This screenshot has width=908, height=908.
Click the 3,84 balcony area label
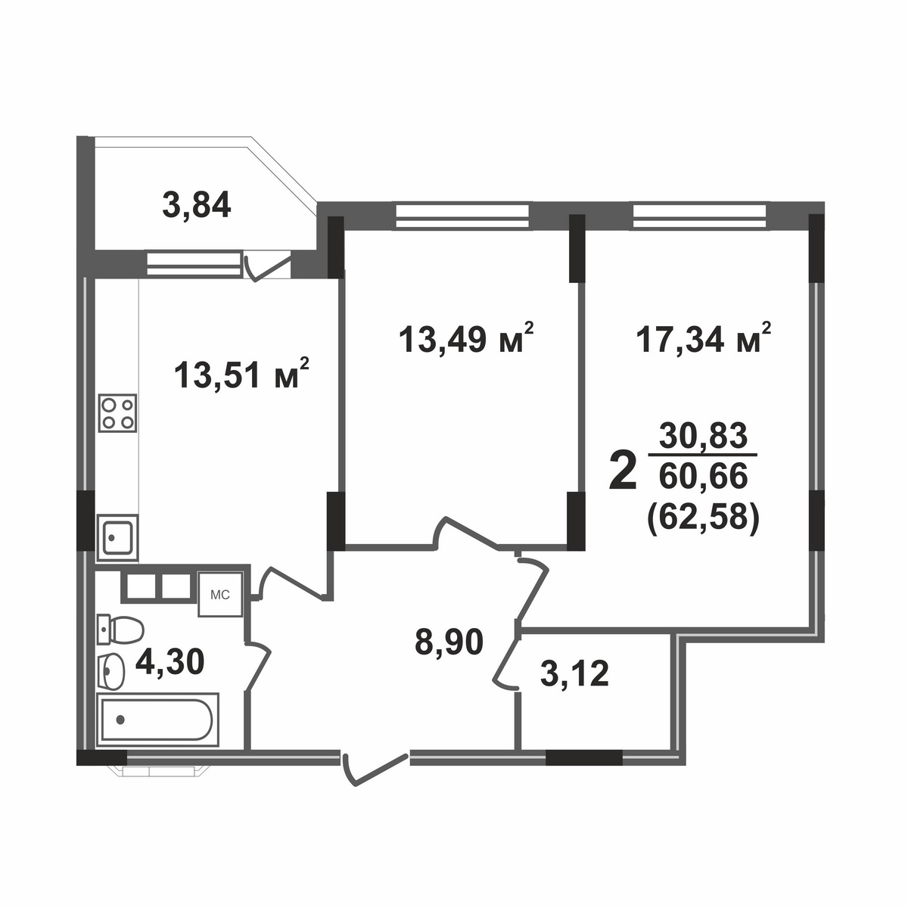(196, 205)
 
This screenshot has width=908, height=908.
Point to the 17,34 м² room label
(704, 338)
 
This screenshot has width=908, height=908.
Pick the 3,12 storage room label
(575, 673)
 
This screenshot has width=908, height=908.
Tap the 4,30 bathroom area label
(169, 663)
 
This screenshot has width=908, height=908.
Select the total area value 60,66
(704, 476)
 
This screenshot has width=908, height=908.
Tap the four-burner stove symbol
(118, 413)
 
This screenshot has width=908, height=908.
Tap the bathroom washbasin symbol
(112, 670)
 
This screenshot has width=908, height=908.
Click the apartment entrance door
(375, 764)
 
